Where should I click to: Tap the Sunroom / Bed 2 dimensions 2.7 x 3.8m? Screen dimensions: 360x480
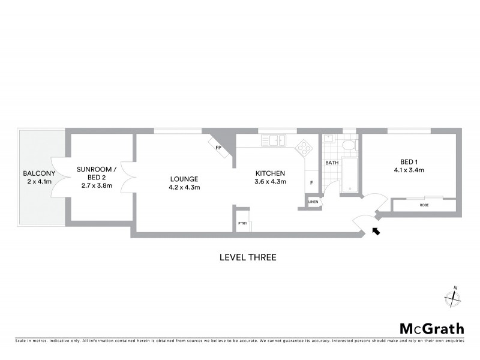pos(96,186)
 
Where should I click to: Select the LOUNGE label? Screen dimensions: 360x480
pos(184,179)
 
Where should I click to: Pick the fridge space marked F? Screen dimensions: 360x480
pos(311,183)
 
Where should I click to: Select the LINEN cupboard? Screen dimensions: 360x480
pos(313,202)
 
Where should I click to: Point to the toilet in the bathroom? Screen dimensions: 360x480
pos(347,147)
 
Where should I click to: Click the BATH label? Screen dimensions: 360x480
pos(332,163)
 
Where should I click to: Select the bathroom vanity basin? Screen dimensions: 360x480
pos(328,139)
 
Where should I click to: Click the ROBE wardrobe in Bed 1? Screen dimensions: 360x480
pos(424,205)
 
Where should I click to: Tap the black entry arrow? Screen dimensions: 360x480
pos(376,231)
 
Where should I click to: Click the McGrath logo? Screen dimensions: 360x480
pos(431,328)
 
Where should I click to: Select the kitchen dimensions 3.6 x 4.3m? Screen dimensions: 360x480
pos(270,182)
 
